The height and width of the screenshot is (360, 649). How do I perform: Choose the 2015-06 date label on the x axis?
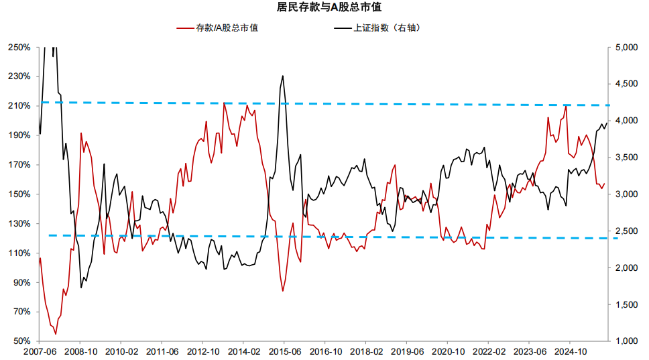[x=284, y=351]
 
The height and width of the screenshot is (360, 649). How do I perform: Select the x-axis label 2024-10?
[x=569, y=351]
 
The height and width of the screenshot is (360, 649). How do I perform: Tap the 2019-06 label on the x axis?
[x=406, y=351]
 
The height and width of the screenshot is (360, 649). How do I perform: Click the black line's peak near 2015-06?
[x=283, y=76]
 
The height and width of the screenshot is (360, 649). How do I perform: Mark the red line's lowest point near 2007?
[x=55, y=334]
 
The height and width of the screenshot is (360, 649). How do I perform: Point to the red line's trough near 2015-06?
[x=283, y=291]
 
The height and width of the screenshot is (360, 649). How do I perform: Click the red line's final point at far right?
[x=604, y=184]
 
